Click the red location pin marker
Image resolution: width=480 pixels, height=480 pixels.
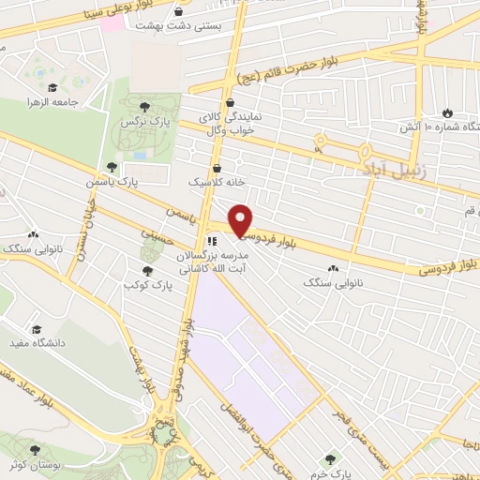tap(241, 220)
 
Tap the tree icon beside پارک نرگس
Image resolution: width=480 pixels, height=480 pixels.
tap(143, 107)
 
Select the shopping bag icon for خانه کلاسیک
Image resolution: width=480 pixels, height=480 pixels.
tap(217, 168)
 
